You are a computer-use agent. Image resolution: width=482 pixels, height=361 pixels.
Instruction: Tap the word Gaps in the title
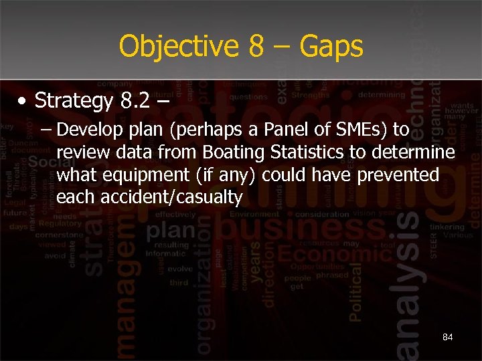(331, 47)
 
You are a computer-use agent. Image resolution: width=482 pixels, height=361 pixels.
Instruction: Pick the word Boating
(236, 152)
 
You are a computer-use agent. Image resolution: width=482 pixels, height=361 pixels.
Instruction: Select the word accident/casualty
(149, 198)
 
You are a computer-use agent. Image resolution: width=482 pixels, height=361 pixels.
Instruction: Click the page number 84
(447, 337)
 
